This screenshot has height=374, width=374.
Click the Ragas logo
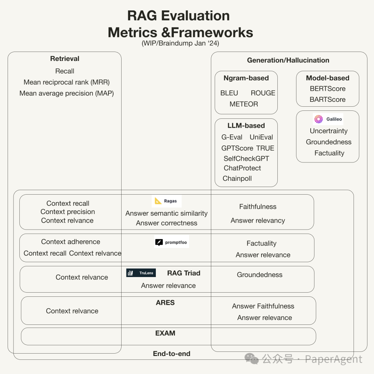point(167,201)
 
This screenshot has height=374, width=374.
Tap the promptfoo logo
point(171,242)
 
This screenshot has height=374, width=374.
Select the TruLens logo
point(141,273)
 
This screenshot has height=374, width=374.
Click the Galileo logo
point(328,119)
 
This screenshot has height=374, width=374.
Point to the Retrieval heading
point(65,59)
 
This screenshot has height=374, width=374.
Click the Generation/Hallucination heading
point(288,60)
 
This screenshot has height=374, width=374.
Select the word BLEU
point(229,93)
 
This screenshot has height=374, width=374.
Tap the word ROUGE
point(263,93)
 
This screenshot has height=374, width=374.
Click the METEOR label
point(244,104)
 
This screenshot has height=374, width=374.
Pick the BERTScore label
point(328,89)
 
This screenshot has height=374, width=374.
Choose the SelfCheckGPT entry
point(247,159)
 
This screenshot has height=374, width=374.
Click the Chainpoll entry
point(237,179)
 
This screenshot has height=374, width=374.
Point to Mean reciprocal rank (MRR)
point(66,82)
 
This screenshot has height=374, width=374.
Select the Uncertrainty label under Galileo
point(329,131)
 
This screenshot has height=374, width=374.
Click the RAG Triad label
point(184,273)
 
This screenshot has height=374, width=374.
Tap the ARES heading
point(165,303)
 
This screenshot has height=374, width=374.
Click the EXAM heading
point(165,333)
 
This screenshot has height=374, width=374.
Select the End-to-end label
point(172,354)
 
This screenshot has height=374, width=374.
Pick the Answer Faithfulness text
point(263,306)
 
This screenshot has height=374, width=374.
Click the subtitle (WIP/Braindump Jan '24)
point(180,43)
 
